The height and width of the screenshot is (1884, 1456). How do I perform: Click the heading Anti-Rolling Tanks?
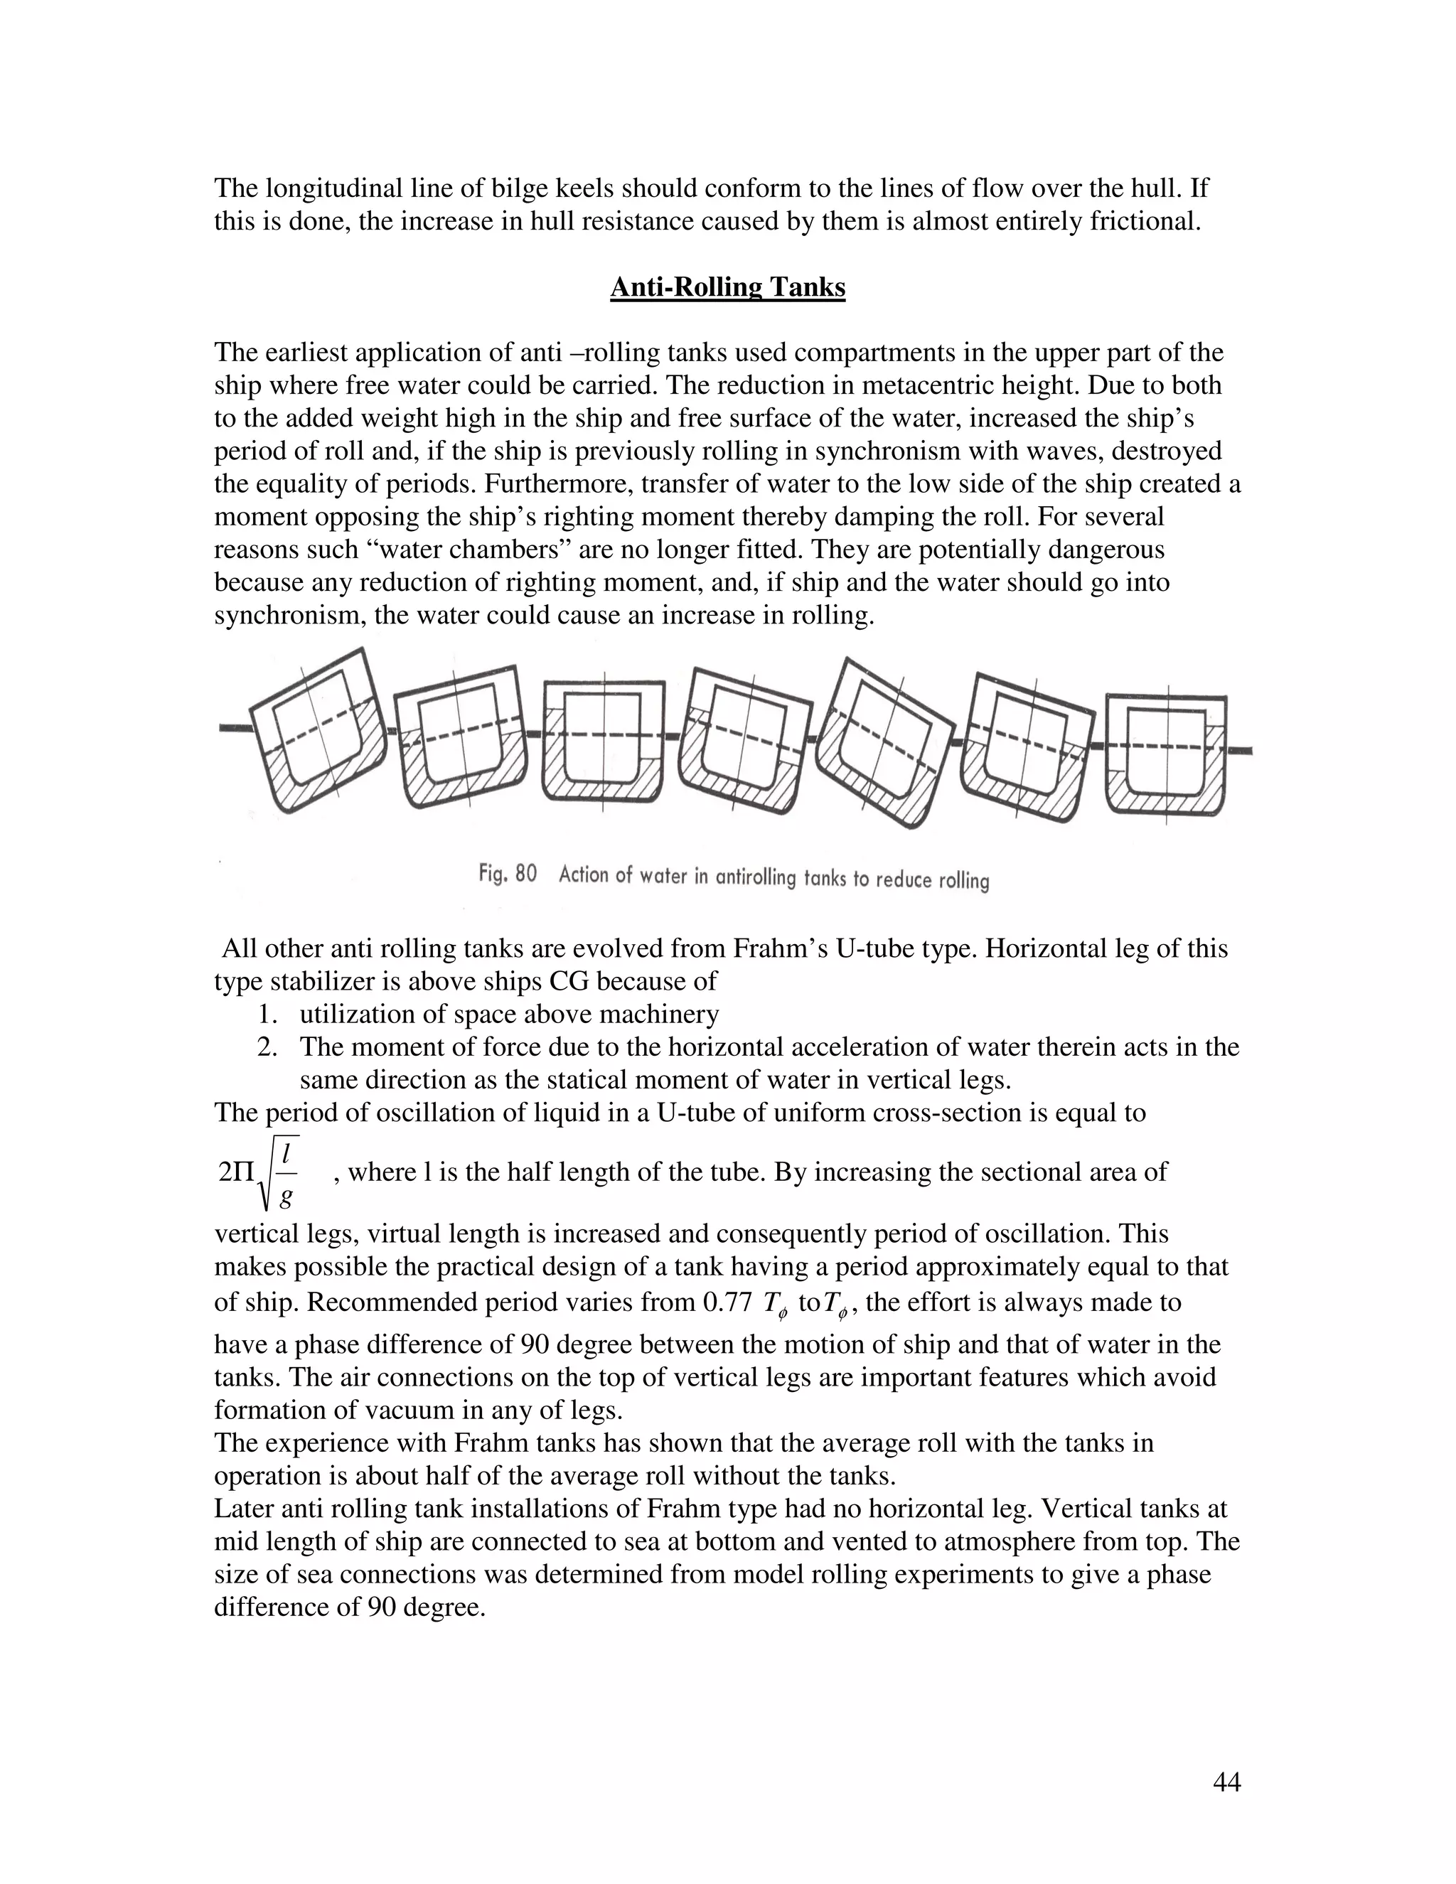pyautogui.click(x=727, y=287)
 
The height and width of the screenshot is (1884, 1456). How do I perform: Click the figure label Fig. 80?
pyautogui.click(x=507, y=874)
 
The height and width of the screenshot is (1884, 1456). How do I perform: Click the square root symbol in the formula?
pyautogui.click(x=278, y=1172)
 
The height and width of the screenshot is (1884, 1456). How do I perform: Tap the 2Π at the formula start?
pyautogui.click(x=237, y=1173)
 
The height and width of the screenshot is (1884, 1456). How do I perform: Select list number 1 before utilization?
pyautogui.click(x=267, y=1015)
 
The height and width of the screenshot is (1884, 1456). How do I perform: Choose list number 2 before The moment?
pyautogui.click(x=267, y=1047)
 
